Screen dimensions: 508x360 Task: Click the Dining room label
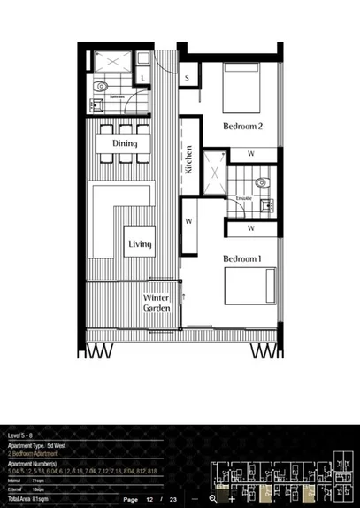point(124,142)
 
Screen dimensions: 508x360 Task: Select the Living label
point(140,244)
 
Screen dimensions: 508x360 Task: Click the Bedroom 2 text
point(242,126)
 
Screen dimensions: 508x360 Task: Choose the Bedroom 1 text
point(242,258)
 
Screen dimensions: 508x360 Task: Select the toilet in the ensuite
point(260,182)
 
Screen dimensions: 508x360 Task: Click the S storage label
point(188,78)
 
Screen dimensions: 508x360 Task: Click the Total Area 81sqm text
point(27,500)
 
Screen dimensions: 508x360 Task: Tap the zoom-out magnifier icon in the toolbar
point(213,500)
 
